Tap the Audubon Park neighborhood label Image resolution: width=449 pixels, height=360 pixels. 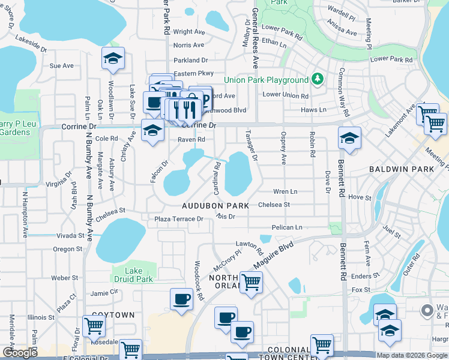tap(215, 206)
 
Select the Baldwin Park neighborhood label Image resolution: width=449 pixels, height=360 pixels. tap(402, 169)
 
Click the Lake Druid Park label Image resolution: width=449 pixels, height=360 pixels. tap(134, 275)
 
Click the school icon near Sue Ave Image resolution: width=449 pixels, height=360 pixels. tap(113, 59)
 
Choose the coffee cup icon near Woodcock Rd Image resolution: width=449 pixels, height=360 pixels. tap(181, 299)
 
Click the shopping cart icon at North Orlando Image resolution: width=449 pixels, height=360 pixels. tap(251, 281)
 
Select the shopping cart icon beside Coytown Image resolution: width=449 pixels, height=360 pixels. tap(94, 326)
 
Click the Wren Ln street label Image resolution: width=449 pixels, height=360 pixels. tap(285, 191)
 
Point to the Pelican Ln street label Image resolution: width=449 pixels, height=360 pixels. tap(287, 227)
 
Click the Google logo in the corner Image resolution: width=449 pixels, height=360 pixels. tap(20, 353)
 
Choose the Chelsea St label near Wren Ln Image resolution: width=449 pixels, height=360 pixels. tap(274, 205)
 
